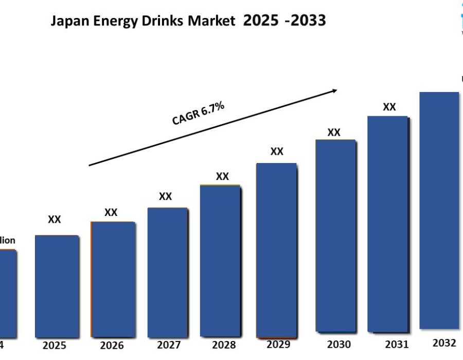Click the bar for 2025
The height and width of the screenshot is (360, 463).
[x=57, y=285]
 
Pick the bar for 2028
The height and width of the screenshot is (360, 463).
[x=220, y=260]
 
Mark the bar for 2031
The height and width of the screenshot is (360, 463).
[x=387, y=224]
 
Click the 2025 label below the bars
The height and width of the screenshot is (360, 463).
[x=55, y=345]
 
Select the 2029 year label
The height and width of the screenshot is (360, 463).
[x=278, y=344]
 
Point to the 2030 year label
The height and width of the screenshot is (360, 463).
[x=339, y=344]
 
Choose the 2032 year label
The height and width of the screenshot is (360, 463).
[x=444, y=343]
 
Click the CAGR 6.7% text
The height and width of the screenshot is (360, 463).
[x=198, y=113]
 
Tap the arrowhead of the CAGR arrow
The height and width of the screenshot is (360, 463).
[x=334, y=91]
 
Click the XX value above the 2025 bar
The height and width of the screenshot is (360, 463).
[x=55, y=220]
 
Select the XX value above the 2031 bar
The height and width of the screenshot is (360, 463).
[x=389, y=107]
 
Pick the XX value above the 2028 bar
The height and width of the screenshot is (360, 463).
[x=222, y=176]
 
